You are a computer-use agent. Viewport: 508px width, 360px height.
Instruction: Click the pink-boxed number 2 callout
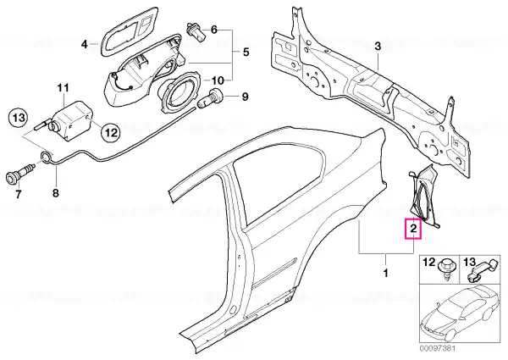tap(413, 229)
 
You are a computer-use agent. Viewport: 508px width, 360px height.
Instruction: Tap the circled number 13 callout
tap(19, 118)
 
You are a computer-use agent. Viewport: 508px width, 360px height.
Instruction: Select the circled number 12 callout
tap(110, 132)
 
